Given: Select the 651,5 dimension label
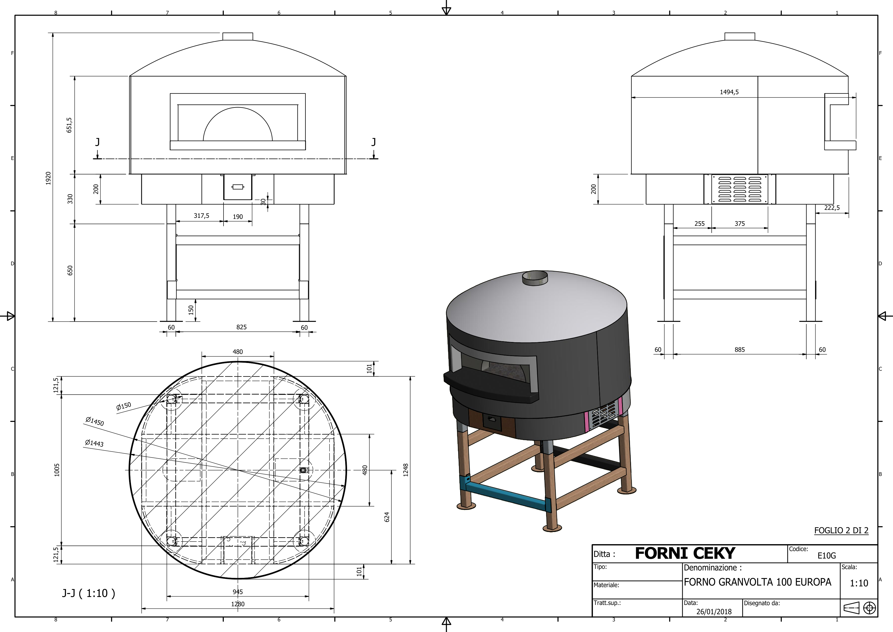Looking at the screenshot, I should click(69, 125).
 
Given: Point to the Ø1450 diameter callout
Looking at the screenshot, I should click(94, 421).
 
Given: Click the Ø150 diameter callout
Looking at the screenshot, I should click(123, 406).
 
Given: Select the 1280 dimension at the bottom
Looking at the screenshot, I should click(238, 604).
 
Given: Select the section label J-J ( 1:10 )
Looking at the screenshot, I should click(89, 593).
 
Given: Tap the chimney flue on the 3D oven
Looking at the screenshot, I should click(535, 278).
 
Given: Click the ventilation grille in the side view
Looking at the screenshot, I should click(739, 189).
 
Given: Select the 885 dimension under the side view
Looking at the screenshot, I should click(739, 349).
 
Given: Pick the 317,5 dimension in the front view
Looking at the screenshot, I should click(202, 216).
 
